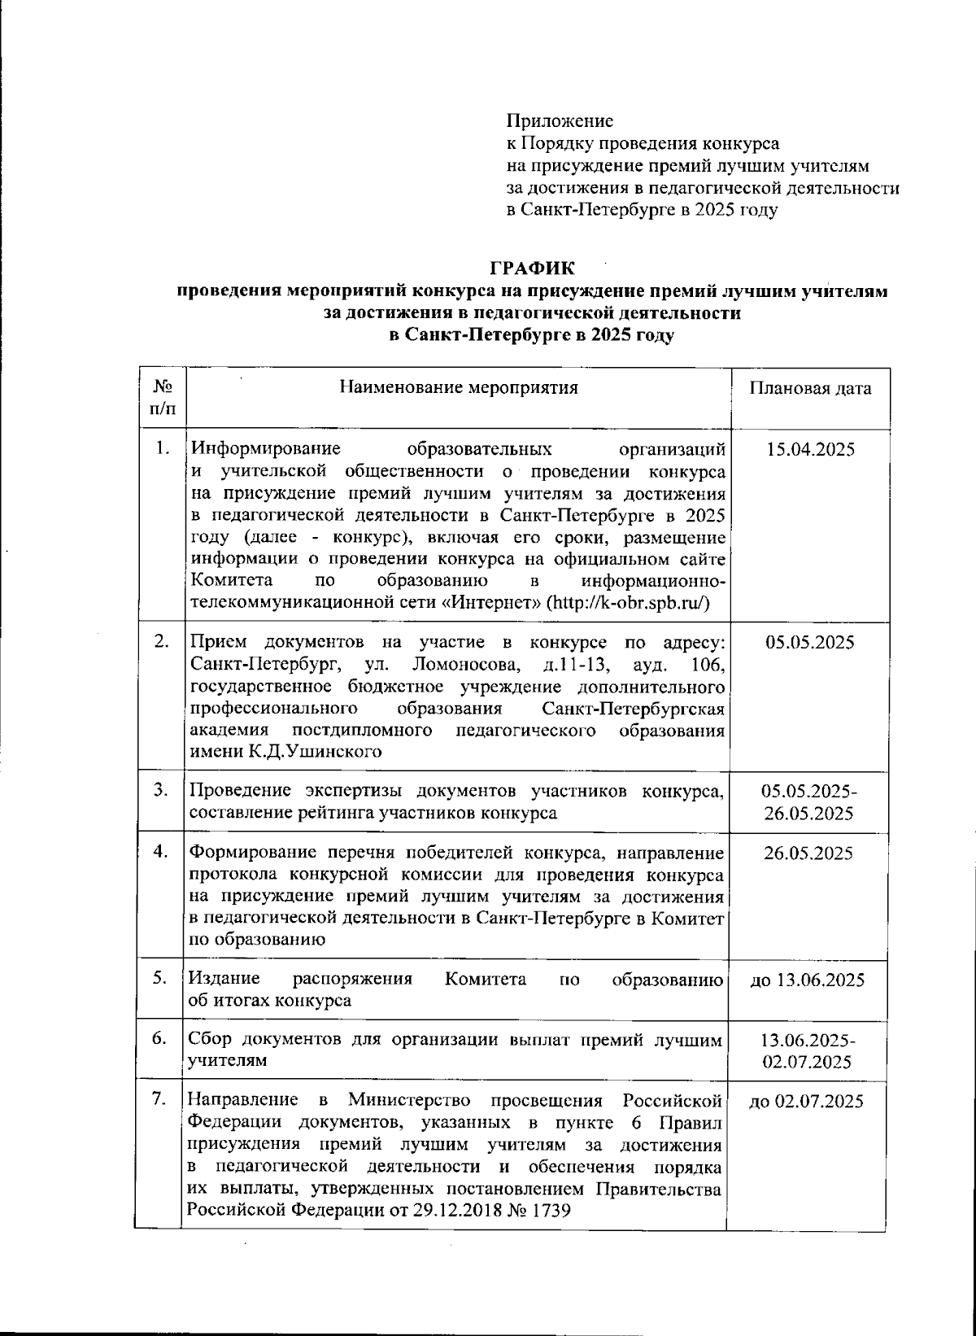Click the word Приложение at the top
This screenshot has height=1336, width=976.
tap(560, 121)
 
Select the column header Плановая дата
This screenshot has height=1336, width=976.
tap(810, 388)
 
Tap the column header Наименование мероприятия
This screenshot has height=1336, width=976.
tap(459, 387)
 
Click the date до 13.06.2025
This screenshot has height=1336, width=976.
tap(808, 980)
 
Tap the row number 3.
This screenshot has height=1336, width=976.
tap(161, 789)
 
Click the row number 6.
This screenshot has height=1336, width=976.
tap(160, 1039)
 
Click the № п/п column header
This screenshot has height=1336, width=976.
tap(162, 397)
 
